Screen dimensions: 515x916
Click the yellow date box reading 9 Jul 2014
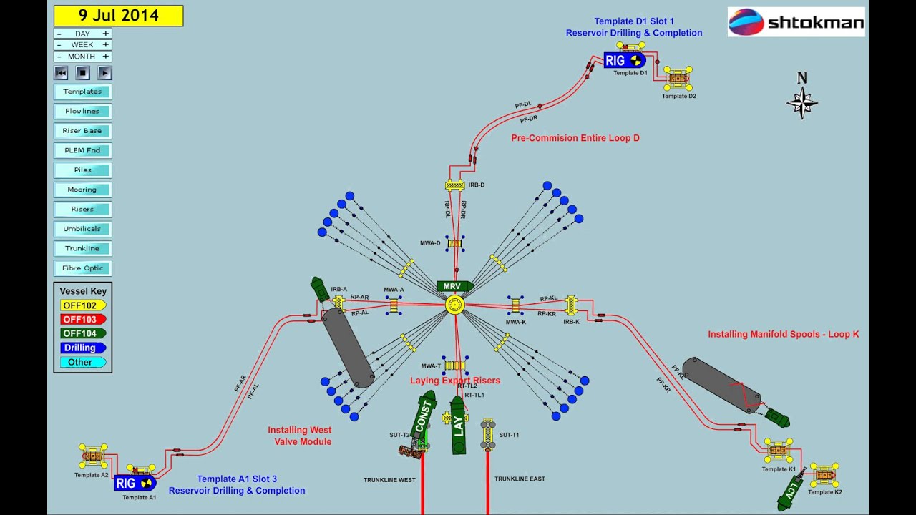118,16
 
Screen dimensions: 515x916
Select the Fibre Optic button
83,268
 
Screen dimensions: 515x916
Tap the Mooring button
83,190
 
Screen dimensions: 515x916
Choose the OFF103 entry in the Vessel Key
82,320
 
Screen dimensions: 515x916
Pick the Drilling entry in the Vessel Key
82,348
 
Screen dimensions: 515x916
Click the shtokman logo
796,22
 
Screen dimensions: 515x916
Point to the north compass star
802,102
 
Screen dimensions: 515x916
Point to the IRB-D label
477,185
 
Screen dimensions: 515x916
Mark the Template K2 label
825,492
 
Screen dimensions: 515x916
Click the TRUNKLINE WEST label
389,480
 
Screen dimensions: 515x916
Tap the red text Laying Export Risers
455,381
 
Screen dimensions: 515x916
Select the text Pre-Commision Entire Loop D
575,138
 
